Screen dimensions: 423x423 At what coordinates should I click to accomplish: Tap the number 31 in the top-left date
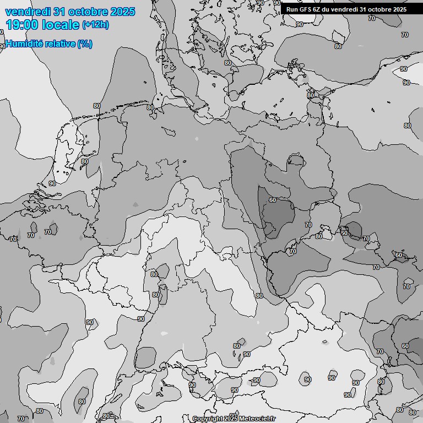click(62, 12)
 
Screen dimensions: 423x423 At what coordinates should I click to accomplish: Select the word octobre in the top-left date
click(90, 12)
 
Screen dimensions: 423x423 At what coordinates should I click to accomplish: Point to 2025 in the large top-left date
click(123, 12)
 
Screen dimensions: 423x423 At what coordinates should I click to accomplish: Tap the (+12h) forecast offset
click(95, 25)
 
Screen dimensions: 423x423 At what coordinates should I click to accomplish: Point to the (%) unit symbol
click(85, 44)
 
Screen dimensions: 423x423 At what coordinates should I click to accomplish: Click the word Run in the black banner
click(292, 9)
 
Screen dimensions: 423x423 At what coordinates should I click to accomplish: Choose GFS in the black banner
click(306, 9)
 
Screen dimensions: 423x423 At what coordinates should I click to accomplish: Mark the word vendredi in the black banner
click(345, 9)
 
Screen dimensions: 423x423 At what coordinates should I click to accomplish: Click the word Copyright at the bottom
click(208, 419)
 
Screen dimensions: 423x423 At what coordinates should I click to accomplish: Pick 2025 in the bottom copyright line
click(231, 419)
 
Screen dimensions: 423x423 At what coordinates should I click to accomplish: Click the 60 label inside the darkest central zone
click(273, 200)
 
